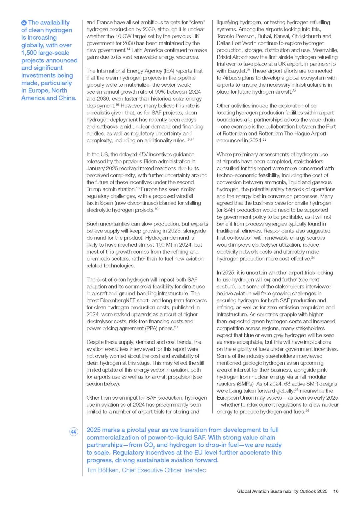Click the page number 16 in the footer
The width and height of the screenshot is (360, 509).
tap(336, 491)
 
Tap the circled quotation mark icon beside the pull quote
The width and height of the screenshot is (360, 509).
tap(74, 432)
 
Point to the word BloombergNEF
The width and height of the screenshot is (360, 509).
tap(116, 300)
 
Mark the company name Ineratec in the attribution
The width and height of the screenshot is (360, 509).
tap(195, 470)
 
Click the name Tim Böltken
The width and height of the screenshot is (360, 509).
tap(103, 470)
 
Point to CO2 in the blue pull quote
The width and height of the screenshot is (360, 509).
tap(149, 445)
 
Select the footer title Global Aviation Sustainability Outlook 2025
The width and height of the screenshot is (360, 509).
tap(282, 491)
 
